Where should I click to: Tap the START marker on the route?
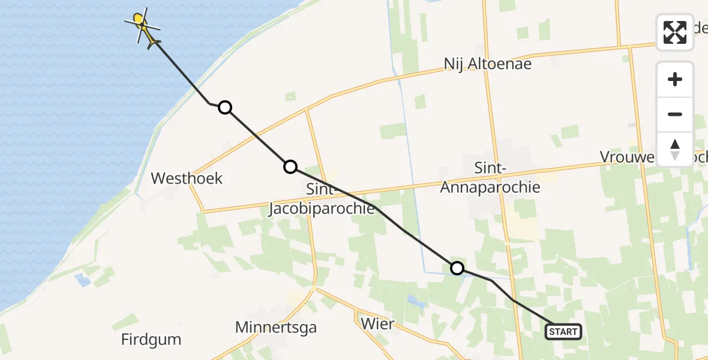coord(563,331)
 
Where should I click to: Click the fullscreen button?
coord(675,32)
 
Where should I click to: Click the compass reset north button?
coord(675,149)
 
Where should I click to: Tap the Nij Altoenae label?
coord(488,64)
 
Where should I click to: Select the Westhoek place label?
coord(187,178)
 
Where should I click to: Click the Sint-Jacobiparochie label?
coord(322,199)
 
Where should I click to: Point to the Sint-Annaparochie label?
coord(490,178)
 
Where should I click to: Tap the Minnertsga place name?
coord(276,328)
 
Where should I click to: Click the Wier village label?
coord(378,324)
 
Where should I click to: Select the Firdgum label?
coord(151,340)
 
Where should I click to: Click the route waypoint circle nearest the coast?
coord(224,107)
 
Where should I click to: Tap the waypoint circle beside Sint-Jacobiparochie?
coord(290,167)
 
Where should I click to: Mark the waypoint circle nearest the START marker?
coord(457,268)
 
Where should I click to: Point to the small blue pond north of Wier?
coord(413,299)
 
